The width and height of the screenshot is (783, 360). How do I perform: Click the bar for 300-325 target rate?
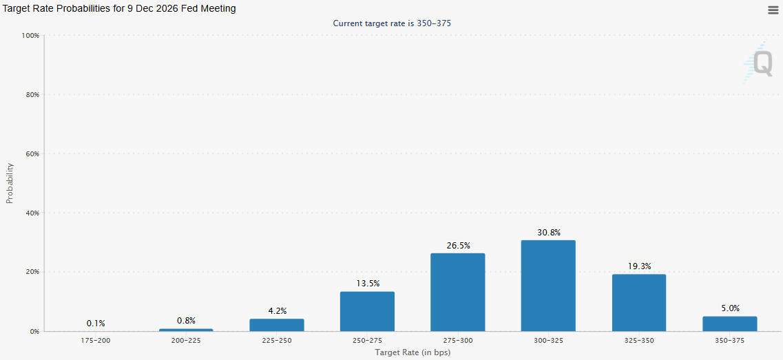pyautogui.click(x=548, y=286)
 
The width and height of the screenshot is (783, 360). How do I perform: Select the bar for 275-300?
pyautogui.click(x=457, y=293)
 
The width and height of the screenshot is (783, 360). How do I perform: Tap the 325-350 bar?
pyautogui.click(x=639, y=303)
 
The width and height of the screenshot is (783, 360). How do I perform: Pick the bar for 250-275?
pyautogui.click(x=367, y=311)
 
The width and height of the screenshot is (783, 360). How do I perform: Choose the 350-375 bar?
pyautogui.click(x=729, y=324)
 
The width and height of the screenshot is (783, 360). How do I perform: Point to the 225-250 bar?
pyautogui.click(x=277, y=325)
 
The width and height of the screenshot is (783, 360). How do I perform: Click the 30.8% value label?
pyautogui.click(x=548, y=233)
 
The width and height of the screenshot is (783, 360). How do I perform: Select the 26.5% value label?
pyautogui.click(x=457, y=246)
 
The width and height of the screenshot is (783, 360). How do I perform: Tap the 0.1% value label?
pyautogui.click(x=96, y=323)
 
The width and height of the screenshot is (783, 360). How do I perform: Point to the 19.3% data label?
pyautogui.click(x=639, y=266)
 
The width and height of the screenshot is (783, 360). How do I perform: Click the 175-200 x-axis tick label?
pyautogui.click(x=96, y=341)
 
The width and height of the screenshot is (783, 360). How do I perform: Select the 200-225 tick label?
pyautogui.click(x=186, y=341)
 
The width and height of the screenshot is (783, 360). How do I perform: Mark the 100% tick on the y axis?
pyautogui.click(x=31, y=35)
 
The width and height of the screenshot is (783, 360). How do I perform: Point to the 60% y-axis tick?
pyautogui.click(x=32, y=153)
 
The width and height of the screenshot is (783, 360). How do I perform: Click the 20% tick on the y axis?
pyautogui.click(x=32, y=272)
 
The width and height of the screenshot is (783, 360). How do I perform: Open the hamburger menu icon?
pyautogui.click(x=773, y=10)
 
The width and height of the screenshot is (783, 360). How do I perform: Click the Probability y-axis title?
pyautogui.click(x=10, y=183)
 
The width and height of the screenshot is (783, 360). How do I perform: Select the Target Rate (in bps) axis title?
pyautogui.click(x=413, y=352)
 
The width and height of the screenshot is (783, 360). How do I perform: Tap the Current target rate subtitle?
pyautogui.click(x=392, y=23)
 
